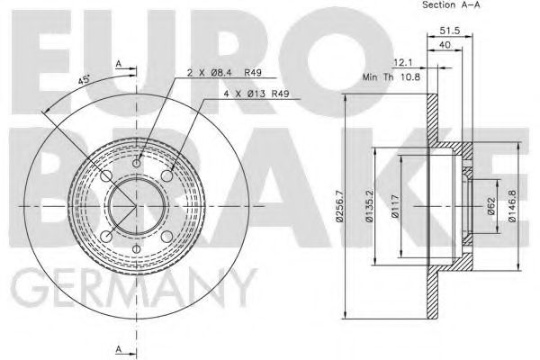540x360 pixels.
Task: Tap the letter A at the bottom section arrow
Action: tap(118, 348)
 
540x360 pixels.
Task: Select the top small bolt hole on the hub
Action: tap(137, 162)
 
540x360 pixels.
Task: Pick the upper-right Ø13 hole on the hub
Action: tap(167, 175)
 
